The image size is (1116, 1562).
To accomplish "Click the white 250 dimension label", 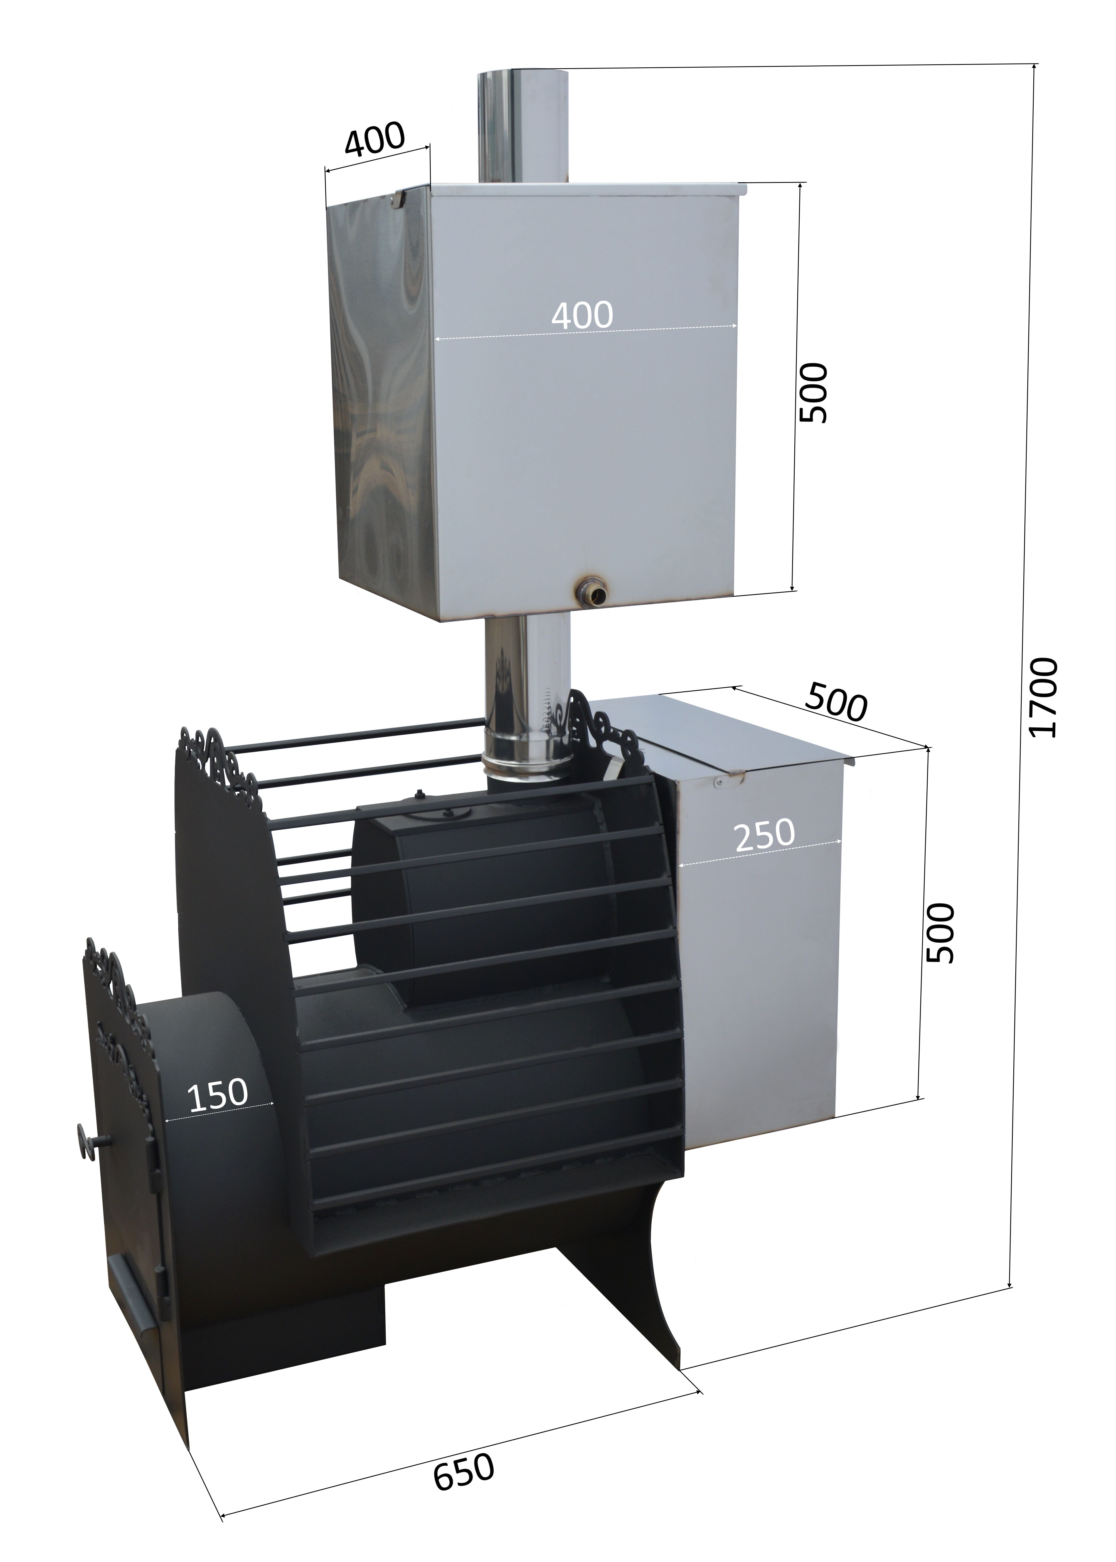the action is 764,834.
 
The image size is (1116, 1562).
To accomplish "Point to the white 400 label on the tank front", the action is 582,315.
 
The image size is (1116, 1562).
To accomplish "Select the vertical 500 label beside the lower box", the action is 940,933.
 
